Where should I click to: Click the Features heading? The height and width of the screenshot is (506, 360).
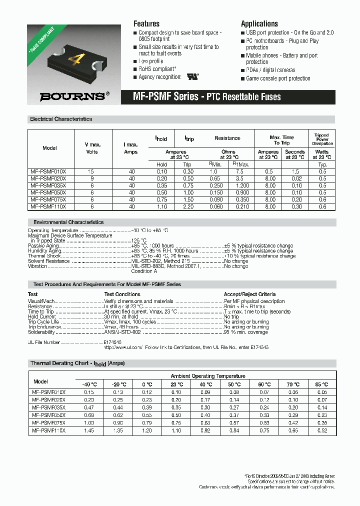tap(146, 23)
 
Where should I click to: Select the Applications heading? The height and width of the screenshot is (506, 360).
tap(259, 23)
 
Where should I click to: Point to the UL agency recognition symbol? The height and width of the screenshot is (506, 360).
tap(192, 77)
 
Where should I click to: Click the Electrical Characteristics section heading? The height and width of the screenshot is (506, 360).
tap(61, 119)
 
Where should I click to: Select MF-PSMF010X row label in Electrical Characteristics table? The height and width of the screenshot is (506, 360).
tap(51, 171)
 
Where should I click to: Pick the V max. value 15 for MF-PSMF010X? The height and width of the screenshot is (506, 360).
tap(91, 171)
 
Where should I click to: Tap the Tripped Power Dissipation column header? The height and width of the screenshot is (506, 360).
tap(321, 139)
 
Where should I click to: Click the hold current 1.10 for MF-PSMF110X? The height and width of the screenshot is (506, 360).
tap(162, 206)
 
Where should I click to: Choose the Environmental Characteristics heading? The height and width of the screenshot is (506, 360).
tap(68, 222)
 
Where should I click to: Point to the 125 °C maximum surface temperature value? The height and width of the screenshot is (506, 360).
tap(139, 240)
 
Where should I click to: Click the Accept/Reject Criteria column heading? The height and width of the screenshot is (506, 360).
tap(249, 294)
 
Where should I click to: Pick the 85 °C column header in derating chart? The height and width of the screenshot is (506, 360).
tap(321, 384)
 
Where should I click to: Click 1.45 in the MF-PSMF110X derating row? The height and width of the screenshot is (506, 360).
tap(89, 430)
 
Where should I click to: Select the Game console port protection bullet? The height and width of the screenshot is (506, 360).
tap(278, 78)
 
